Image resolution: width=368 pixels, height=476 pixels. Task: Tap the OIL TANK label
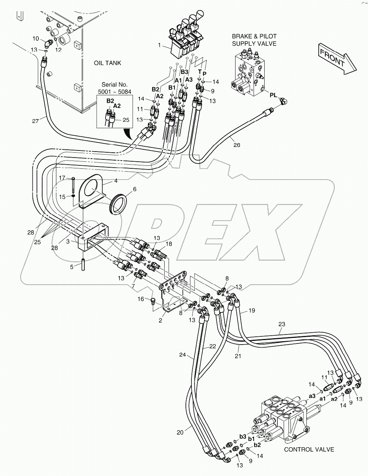(x=107, y=63)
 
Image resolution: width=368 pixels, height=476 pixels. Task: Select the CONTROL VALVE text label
(x=309, y=449)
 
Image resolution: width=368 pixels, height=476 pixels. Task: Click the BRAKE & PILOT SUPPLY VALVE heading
(x=254, y=40)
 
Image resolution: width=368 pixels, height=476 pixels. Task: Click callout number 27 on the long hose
(x=35, y=121)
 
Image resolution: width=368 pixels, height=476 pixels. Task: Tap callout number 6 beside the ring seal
(x=134, y=189)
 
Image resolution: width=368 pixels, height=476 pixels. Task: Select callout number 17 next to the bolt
(x=62, y=178)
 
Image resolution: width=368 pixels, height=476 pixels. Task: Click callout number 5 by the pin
(x=72, y=267)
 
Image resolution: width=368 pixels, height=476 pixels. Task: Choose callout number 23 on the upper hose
(x=281, y=324)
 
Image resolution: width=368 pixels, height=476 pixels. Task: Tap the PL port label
(x=274, y=95)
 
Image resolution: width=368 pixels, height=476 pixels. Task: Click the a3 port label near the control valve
(x=312, y=395)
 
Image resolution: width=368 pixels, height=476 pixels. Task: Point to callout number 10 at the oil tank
(x=35, y=38)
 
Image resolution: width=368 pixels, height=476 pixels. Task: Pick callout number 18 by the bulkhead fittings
(x=169, y=244)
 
